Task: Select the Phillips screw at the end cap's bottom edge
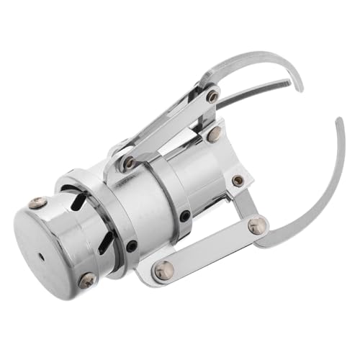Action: pos(87,279)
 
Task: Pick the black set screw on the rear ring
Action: pos(132,246)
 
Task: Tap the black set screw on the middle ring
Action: pos(185,215)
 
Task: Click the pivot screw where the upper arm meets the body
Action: pos(129,162)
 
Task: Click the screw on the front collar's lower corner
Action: pos(238,181)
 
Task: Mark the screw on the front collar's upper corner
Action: pos(214,133)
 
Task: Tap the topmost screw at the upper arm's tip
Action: pos(212,95)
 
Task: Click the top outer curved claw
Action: pos(252,61)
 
